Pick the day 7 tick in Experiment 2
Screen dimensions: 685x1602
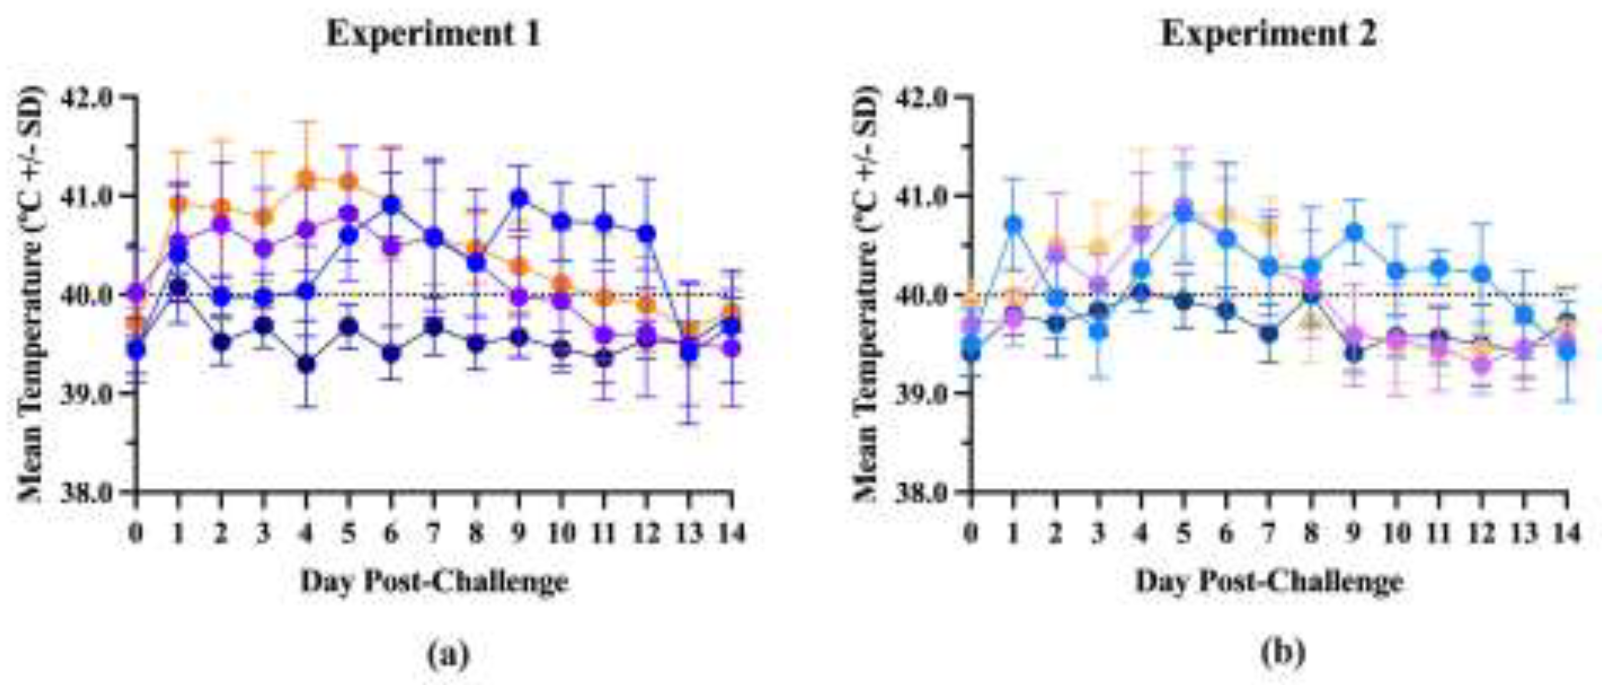[1269, 533]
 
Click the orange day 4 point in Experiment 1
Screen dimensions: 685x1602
[306, 179]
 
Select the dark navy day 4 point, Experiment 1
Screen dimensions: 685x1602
[306, 364]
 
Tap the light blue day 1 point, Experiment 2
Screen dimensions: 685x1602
[1014, 224]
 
